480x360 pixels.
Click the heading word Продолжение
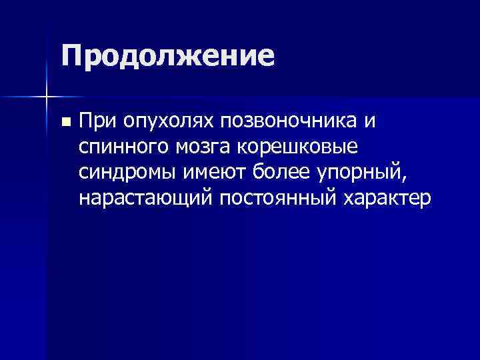pyautogui.click(x=167, y=56)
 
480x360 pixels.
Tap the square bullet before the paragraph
pyautogui.click(x=65, y=123)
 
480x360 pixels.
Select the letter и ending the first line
pyautogui.click(x=370, y=123)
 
